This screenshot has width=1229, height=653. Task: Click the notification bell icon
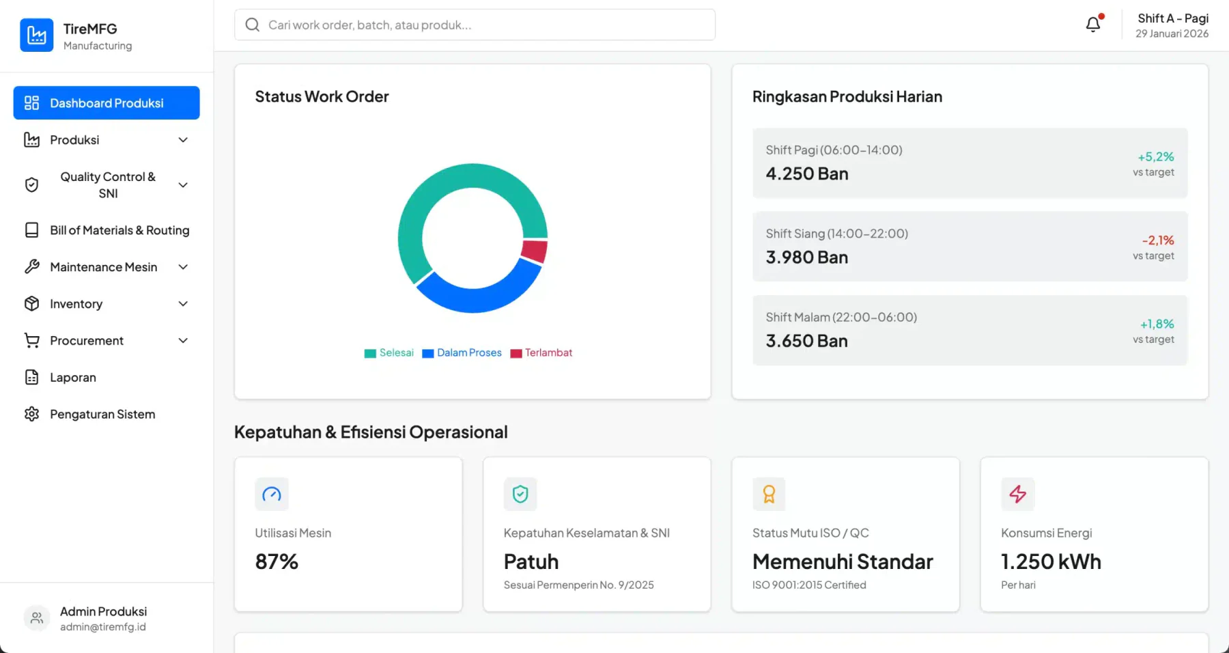[x=1093, y=25]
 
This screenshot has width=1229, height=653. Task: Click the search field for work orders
[x=475, y=25]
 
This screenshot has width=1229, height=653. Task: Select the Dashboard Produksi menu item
[x=107, y=102]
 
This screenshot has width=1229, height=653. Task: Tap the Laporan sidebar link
[x=72, y=377]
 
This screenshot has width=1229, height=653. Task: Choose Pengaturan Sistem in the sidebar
[x=102, y=414]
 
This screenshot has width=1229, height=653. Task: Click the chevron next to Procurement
[x=183, y=340]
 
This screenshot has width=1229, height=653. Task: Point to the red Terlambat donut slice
[x=535, y=251]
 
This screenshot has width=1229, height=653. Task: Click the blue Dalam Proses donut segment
[x=478, y=295]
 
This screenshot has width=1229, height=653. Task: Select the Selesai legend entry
[x=389, y=352]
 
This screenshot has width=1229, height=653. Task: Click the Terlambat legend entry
[x=541, y=352]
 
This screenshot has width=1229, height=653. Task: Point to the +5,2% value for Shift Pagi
[x=1155, y=156]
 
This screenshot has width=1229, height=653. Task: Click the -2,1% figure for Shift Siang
[x=1158, y=240]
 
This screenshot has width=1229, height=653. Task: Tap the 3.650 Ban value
[x=806, y=341]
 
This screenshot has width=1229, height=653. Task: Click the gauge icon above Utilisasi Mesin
[x=272, y=494]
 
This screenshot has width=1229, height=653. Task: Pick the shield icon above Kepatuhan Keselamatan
[x=520, y=494]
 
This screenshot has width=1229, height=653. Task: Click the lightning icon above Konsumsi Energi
[x=1017, y=494]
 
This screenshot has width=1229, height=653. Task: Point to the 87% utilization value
[x=277, y=561]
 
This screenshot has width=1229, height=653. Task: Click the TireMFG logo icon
[x=37, y=35]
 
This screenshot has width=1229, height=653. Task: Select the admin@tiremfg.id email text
[x=103, y=627]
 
